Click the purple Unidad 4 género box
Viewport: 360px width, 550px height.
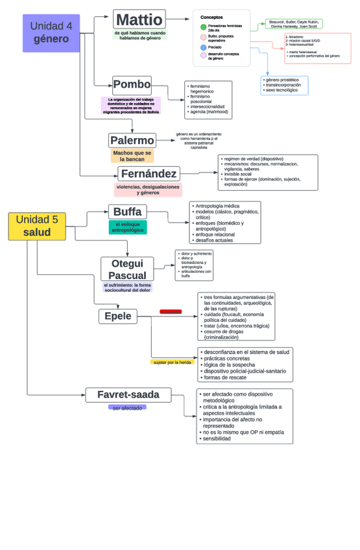[x=51, y=33]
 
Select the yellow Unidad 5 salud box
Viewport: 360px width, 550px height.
[x=37, y=226]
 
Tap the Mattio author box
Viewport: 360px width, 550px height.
[x=139, y=19]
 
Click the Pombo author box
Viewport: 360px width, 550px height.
[x=132, y=84]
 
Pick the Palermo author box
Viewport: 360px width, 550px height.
[x=132, y=140]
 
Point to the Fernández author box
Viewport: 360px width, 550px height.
[x=149, y=174]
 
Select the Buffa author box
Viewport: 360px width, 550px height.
[x=127, y=211]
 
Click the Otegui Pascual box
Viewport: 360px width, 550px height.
[x=127, y=269]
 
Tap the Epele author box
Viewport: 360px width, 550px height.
[x=118, y=317]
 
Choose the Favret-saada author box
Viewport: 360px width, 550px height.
[x=128, y=394]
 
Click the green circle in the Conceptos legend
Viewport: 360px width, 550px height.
[x=203, y=27]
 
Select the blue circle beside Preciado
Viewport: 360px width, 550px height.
[x=203, y=47]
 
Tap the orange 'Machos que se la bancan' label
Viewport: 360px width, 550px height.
[x=132, y=156]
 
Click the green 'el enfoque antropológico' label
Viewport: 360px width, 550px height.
[x=128, y=227]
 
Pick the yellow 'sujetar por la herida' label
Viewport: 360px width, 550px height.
[x=172, y=362]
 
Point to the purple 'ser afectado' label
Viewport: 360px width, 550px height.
[x=127, y=407]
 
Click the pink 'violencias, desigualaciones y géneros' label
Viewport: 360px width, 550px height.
[x=148, y=189]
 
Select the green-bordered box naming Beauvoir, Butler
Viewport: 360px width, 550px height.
[x=294, y=24]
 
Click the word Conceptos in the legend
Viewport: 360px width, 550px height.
[x=211, y=17]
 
